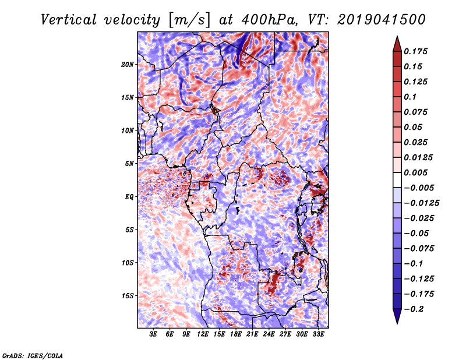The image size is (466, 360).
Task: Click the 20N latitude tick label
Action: point(128,65)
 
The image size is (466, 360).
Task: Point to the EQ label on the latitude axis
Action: point(129,197)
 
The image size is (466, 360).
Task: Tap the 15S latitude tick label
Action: point(128,296)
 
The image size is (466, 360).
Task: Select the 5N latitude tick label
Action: point(129,164)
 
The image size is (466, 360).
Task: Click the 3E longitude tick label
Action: point(153,334)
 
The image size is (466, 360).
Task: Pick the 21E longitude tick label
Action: point(252,334)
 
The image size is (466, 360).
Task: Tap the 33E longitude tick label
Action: point(318,334)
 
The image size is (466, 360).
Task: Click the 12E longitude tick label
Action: point(203,334)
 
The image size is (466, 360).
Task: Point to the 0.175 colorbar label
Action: point(415,51)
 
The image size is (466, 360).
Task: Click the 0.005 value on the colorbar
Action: point(415,172)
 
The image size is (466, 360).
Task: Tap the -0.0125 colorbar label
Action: point(421,203)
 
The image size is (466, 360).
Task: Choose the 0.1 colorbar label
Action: point(410,97)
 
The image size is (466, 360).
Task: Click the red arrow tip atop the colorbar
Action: point(397,37)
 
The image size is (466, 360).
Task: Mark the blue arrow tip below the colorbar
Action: point(397,323)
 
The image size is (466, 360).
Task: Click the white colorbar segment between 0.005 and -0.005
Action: point(397,180)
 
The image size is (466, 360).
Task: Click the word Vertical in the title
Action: point(68,20)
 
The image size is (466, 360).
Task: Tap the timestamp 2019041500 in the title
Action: point(382,20)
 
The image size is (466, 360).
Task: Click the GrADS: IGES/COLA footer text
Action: point(33,355)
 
